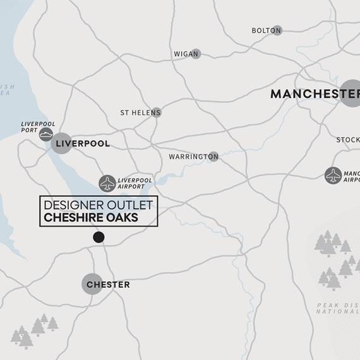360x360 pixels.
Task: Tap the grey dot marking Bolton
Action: pyautogui.click(x=277, y=30)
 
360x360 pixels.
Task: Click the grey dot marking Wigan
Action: pyautogui.click(x=196, y=54)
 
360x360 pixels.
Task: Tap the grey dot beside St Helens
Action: pyautogui.click(x=156, y=112)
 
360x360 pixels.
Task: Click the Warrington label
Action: pyautogui.click(x=188, y=157)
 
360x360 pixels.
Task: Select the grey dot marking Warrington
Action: pyautogui.click(x=213, y=157)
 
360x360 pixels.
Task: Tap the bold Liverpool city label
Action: pyautogui.click(x=83, y=144)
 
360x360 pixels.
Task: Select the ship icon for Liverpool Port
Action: pyautogui.click(x=46, y=134)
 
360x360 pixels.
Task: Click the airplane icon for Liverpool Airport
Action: pyautogui.click(x=107, y=183)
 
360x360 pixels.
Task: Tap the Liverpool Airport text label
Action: pyautogui.click(x=135, y=183)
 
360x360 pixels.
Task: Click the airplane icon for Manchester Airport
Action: pyautogui.click(x=333, y=176)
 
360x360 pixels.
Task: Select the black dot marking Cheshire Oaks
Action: pyautogui.click(x=99, y=237)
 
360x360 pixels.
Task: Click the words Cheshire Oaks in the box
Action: pyautogui.click(x=91, y=218)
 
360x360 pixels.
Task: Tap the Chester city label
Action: pyautogui.click(x=108, y=285)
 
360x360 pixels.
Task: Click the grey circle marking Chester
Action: pyautogui.click(x=92, y=284)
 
